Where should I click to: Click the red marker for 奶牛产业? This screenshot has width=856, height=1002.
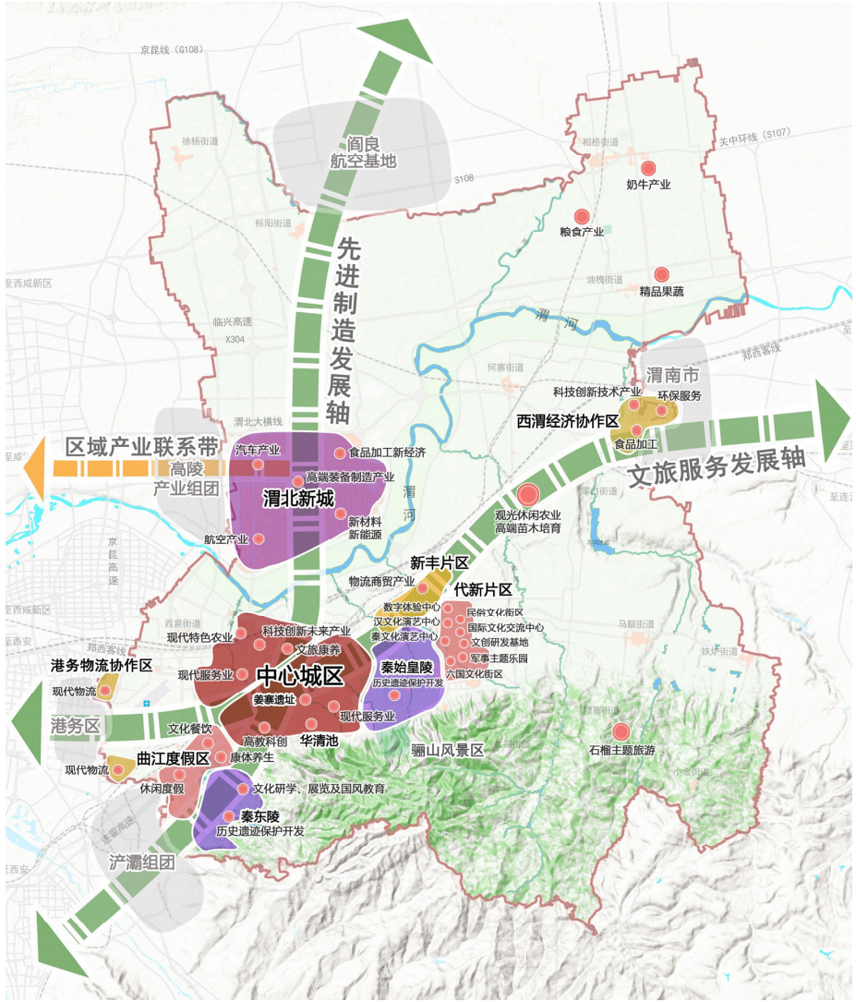pyautogui.click(x=648, y=168)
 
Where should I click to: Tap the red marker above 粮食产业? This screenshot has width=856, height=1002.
pyautogui.click(x=582, y=215)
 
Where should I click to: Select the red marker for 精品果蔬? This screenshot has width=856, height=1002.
pyautogui.click(x=661, y=274)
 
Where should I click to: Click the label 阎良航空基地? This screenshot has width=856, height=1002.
pyautogui.click(x=363, y=152)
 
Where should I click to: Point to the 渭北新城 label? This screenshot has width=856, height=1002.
pyautogui.click(x=297, y=495)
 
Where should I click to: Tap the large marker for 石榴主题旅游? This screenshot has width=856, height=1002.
pyautogui.click(x=621, y=730)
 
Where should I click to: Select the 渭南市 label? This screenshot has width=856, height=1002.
pyautogui.click(x=673, y=376)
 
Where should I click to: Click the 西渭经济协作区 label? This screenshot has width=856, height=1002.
pyautogui.click(x=567, y=420)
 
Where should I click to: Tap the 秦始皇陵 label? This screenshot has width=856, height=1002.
pyautogui.click(x=407, y=667)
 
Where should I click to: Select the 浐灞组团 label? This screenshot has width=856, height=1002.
pyautogui.click(x=141, y=862)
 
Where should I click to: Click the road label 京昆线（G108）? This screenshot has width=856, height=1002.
pyautogui.click(x=172, y=49)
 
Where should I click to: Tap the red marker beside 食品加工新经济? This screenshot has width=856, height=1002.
pyautogui.click(x=340, y=453)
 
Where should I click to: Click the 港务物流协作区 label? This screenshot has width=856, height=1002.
pyautogui.click(x=101, y=665)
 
